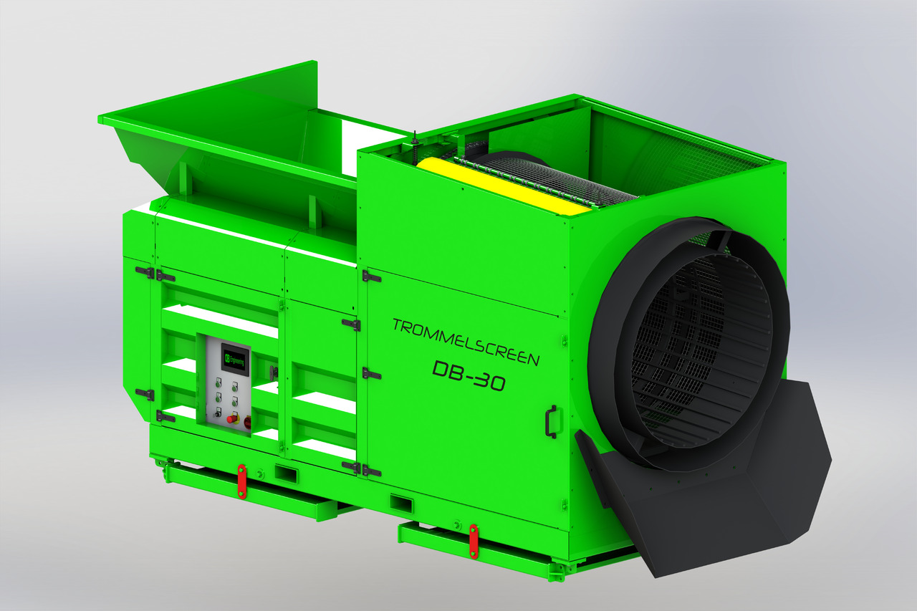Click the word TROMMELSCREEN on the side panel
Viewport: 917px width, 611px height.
tap(465, 341)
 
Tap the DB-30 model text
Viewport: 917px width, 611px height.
tap(469, 377)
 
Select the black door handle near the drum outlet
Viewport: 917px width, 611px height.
tap(551, 420)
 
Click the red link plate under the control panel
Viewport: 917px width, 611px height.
tap(241, 481)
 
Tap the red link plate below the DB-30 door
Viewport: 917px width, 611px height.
tap(474, 541)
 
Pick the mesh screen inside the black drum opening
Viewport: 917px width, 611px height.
tap(688, 344)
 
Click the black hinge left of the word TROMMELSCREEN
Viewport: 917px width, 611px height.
tap(371, 276)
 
